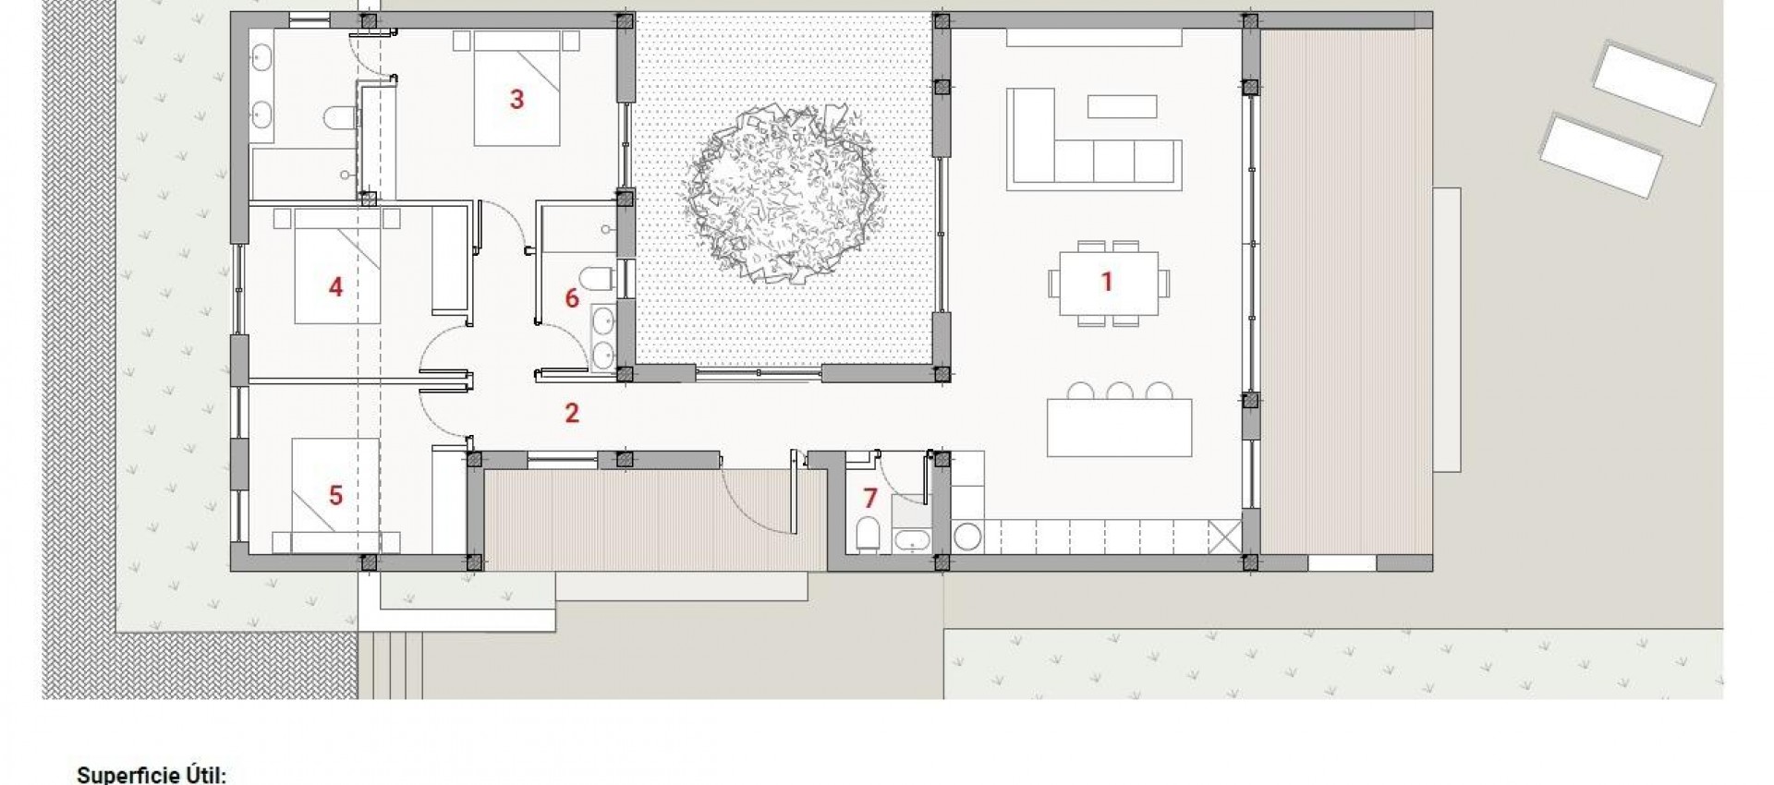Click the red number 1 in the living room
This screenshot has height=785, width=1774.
pyautogui.click(x=1106, y=282)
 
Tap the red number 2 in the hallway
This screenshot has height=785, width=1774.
pyautogui.click(x=572, y=413)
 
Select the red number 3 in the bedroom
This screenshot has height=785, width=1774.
pyautogui.click(x=516, y=99)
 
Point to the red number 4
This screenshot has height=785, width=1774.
pyautogui.click(x=335, y=287)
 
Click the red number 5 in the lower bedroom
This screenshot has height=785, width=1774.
pyautogui.click(x=335, y=495)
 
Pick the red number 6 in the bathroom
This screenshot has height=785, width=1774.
pyautogui.click(x=571, y=298)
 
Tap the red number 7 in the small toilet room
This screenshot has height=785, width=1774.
pyautogui.click(x=869, y=499)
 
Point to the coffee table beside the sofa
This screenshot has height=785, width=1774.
pyautogui.click(x=1122, y=106)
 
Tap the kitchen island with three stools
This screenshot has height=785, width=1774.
pyautogui.click(x=1119, y=428)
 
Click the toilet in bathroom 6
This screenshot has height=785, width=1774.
pyautogui.click(x=598, y=277)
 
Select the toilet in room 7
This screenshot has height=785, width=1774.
pyautogui.click(x=869, y=534)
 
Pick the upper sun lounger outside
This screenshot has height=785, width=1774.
pyautogui.click(x=1654, y=83)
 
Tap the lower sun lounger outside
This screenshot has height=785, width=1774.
pyautogui.click(x=1600, y=155)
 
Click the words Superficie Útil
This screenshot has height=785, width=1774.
pyautogui.click(x=151, y=774)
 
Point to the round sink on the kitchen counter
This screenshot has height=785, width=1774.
pyautogui.click(x=967, y=537)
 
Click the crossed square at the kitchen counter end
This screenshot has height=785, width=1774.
pyautogui.click(x=1223, y=537)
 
